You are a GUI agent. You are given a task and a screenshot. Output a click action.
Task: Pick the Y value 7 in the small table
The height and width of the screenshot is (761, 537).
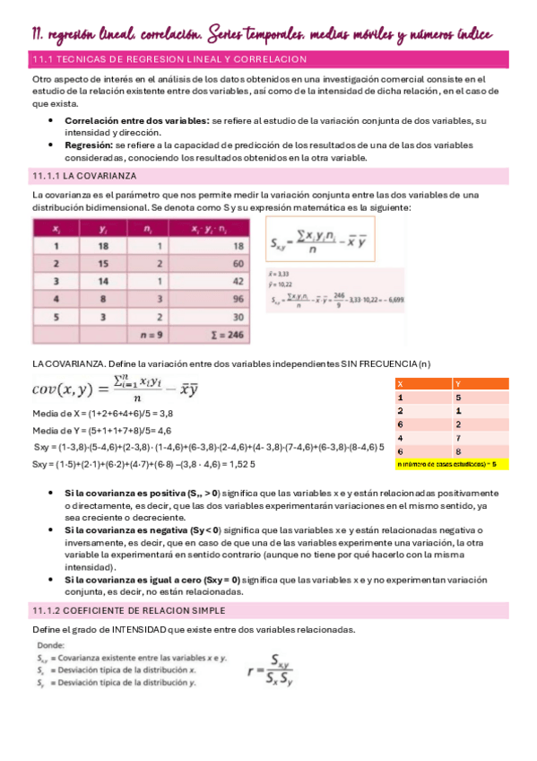click(x=458, y=438)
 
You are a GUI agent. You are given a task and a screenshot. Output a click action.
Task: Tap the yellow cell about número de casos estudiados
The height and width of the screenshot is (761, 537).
click(x=452, y=465)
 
